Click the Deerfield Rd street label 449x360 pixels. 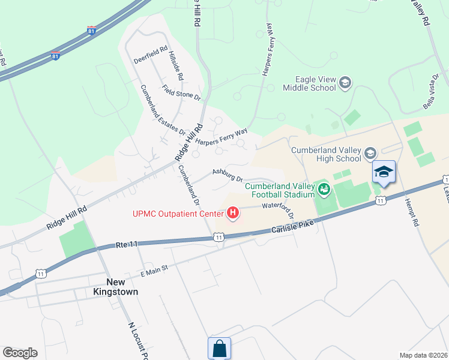pos(151,55)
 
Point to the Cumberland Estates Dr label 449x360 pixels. pos(163,110)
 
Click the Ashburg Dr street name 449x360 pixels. pos(227,175)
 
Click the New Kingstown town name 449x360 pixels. pos(122,287)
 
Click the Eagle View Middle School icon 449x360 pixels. pos(345,82)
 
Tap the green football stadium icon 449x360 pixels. pos(325,190)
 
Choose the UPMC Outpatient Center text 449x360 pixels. pos(178,214)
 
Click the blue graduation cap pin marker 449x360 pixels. pos(384,173)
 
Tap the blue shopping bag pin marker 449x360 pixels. pos(219,348)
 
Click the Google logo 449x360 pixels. pos(20,353)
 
